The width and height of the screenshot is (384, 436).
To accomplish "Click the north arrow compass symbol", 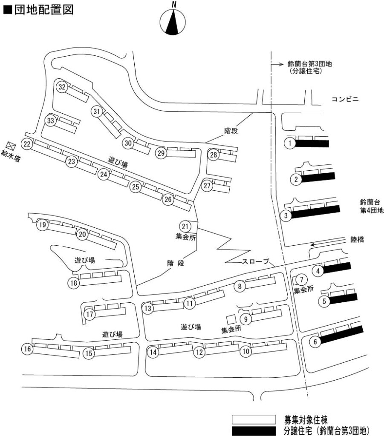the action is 173,22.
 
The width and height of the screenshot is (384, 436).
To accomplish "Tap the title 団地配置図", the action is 44,9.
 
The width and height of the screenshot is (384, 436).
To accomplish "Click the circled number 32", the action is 62,87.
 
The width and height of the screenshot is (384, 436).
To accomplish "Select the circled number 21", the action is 185,227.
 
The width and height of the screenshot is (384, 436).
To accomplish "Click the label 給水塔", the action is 11,156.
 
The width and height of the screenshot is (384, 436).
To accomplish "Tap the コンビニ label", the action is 345,99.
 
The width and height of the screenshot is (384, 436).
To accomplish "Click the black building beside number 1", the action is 312,143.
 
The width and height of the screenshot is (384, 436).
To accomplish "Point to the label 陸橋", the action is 357,239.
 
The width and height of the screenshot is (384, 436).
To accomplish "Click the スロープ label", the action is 255,261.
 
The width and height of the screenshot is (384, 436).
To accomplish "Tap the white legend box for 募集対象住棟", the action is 254,419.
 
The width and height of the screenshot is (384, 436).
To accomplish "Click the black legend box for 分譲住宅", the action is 254,431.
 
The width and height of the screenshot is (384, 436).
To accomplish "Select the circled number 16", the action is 27,349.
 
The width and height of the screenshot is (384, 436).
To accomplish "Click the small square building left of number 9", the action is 231,319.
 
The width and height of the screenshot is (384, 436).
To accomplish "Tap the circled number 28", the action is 214,155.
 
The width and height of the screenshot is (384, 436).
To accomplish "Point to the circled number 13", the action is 148,308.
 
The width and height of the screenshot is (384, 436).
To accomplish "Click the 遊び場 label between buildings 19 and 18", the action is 85,260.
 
